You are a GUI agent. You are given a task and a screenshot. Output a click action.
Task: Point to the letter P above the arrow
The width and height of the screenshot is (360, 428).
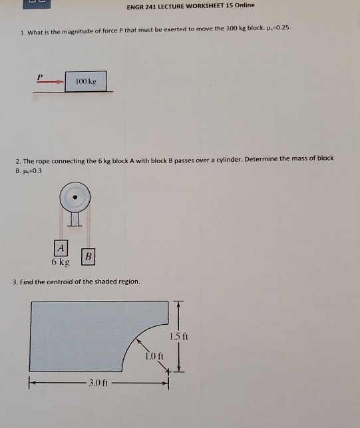(40, 77)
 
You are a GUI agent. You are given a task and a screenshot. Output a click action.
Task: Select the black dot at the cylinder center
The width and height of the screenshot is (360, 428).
(77, 198)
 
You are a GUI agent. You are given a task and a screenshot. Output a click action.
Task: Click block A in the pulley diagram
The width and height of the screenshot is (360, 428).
(61, 247)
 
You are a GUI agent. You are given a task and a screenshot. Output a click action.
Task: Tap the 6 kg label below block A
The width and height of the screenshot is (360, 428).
(61, 262)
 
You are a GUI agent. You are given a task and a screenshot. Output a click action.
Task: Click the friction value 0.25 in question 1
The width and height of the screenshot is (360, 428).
(279, 31)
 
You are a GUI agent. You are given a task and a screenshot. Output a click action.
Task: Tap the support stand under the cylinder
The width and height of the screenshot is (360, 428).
(77, 219)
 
